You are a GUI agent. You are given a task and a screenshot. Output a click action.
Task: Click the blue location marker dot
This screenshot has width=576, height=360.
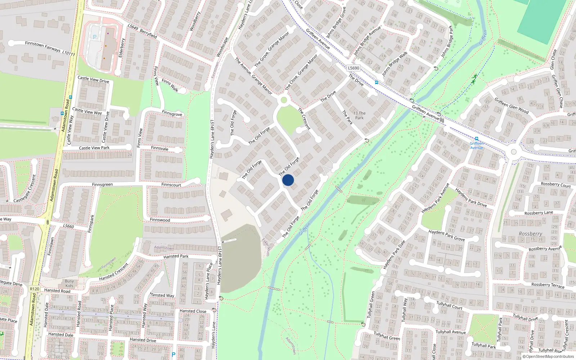(288, 180)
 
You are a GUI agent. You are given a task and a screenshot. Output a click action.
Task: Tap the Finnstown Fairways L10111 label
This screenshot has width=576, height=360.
(50, 48)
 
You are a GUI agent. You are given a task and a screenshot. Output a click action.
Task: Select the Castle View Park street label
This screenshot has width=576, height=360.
(94, 148)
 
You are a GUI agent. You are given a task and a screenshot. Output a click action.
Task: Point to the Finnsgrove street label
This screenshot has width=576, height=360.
(172, 113)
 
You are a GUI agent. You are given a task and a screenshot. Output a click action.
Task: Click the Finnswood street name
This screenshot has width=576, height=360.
(160, 220)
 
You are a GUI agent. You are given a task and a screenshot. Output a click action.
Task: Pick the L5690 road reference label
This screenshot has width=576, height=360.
(354, 68)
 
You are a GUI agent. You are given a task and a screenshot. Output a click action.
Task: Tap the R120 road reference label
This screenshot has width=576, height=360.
(35, 289)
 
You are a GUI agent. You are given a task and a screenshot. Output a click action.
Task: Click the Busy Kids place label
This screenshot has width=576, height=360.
(69, 283)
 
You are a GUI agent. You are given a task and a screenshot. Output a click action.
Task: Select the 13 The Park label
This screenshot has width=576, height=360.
(359, 115)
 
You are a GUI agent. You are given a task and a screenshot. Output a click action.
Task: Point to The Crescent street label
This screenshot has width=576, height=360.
(304, 119)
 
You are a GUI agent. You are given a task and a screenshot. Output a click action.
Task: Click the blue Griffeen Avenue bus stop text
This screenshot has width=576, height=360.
(476, 145)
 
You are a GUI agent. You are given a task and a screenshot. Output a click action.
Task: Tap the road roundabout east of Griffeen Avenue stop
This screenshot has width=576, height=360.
(514, 152)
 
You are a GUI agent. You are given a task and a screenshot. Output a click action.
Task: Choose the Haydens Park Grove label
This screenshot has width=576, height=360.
(446, 235)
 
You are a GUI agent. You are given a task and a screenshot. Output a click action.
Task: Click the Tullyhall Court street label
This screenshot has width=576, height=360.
(449, 306)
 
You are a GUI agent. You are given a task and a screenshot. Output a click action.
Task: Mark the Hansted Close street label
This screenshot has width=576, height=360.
(193, 311)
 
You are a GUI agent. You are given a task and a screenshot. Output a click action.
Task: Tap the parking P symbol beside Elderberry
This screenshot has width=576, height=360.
(95, 37)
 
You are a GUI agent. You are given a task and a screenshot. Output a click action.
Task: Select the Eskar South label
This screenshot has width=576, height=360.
(266, 247)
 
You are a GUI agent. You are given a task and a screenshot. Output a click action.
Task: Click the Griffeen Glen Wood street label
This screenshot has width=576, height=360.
(511, 105)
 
